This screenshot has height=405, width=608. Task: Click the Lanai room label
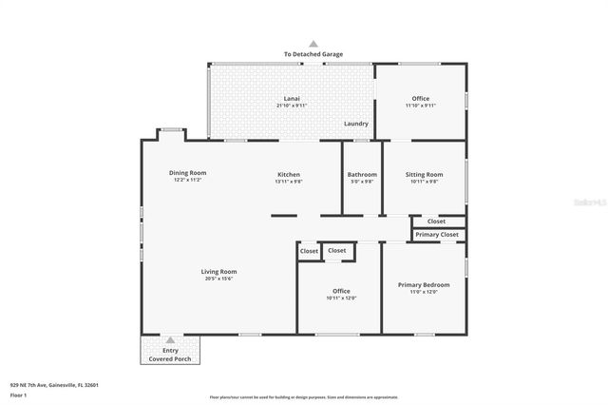point(292,98)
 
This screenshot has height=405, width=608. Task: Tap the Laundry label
point(356,124)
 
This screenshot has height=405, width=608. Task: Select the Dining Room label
point(188,173)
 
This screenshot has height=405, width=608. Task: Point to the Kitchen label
point(289,174)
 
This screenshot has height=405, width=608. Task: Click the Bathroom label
point(362,174)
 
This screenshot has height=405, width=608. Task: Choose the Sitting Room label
point(424,174)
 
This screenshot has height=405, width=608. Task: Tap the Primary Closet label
point(438,234)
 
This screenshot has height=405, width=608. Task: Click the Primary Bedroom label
point(424,284)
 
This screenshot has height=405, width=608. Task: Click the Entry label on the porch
point(171,351)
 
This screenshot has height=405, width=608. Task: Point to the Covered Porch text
point(171,358)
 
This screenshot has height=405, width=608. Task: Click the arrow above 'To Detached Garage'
point(313,44)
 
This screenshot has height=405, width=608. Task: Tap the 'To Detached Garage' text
point(313,54)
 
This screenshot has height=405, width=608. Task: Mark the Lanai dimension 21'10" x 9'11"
point(292,105)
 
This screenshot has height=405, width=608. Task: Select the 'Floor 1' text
point(18,394)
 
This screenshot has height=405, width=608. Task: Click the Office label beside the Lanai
point(420,98)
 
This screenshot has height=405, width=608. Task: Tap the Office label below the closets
point(341,291)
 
